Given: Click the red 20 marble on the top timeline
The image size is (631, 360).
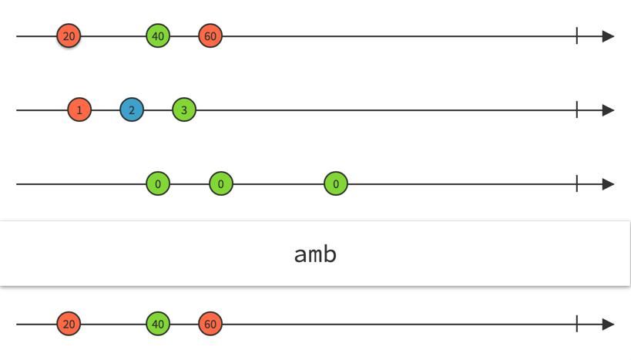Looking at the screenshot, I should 69,36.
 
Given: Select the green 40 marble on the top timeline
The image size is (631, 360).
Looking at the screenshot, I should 158,36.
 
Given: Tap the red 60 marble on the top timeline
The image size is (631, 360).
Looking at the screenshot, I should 210,36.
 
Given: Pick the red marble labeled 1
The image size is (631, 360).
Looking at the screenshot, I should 79,110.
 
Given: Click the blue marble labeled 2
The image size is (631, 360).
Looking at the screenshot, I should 132,110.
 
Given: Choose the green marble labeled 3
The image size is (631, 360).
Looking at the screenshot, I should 184,110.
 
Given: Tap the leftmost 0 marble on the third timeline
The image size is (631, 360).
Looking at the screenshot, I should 158,184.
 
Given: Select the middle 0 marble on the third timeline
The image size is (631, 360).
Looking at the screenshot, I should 221,184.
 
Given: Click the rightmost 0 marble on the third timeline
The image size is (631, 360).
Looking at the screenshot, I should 336,184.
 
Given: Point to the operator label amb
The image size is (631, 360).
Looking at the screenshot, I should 315,254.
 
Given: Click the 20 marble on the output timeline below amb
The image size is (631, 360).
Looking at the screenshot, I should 69,325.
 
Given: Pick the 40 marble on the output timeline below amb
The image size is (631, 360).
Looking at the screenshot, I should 158,325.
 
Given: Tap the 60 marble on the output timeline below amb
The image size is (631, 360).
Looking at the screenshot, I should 210,325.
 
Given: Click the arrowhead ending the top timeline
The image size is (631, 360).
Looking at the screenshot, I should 608,36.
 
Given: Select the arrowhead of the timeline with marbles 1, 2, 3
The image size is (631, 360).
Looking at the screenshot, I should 608,110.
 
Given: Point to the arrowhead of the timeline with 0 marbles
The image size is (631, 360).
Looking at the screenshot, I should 608,184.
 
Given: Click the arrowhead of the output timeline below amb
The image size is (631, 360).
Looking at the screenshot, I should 608,325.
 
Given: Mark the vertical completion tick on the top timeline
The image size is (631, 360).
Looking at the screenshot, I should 576,36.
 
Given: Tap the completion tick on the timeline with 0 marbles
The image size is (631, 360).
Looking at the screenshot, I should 576,184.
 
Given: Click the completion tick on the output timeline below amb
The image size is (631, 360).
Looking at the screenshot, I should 576,325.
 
